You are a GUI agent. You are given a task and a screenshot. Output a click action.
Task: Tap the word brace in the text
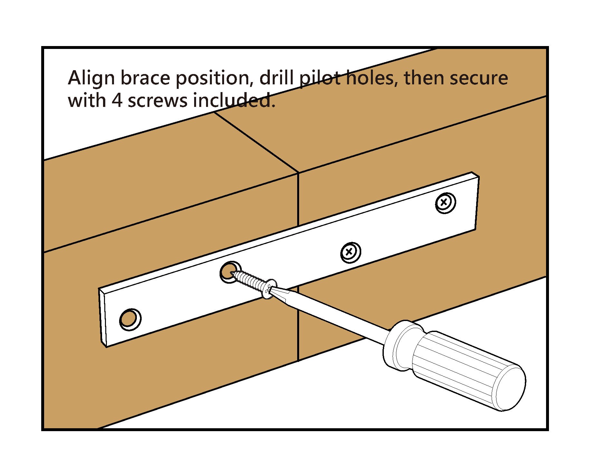[145, 78]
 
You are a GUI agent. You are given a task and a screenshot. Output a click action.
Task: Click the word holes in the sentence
[370, 78]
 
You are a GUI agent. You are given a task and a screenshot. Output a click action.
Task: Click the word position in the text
[213, 78]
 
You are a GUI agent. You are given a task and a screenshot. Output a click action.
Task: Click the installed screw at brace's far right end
[445, 203]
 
